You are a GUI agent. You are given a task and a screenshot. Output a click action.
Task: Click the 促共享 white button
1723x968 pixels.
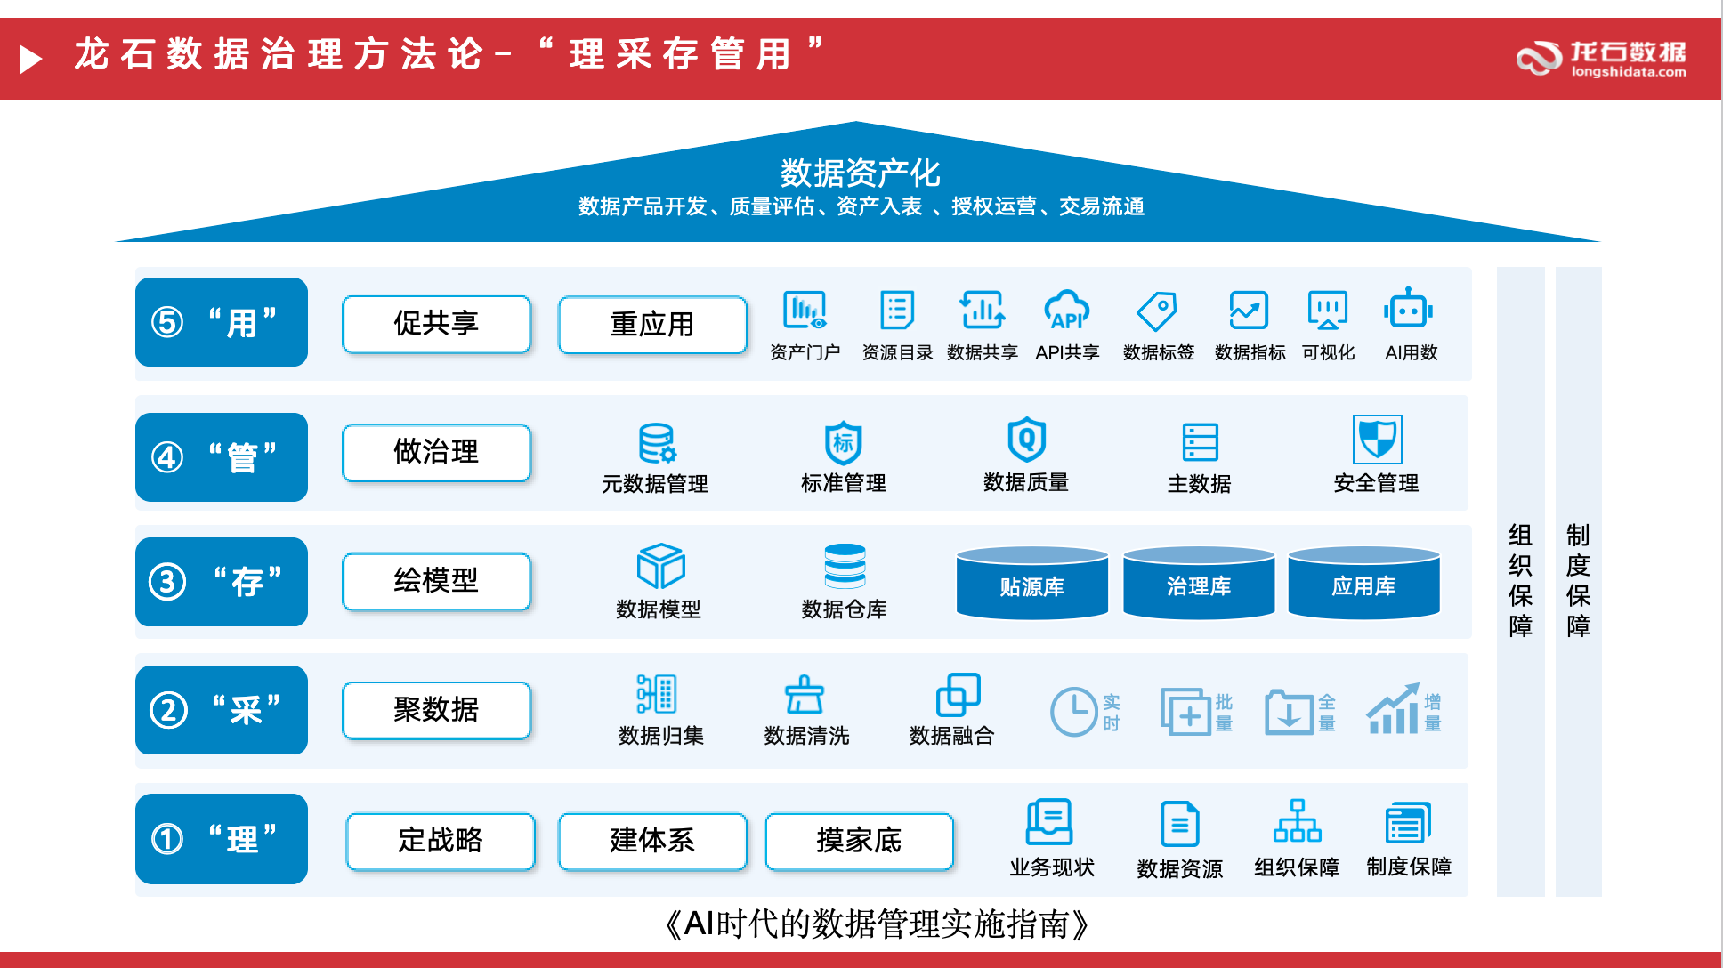tap(436, 324)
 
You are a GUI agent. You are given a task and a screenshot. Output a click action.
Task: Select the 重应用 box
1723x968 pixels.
tap(652, 324)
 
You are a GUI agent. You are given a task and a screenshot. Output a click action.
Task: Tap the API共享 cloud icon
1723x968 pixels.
tap(1067, 310)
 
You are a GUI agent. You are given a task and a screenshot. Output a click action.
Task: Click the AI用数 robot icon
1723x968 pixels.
tap(1409, 309)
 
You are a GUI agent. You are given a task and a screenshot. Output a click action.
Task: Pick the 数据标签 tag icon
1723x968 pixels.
tap(1157, 311)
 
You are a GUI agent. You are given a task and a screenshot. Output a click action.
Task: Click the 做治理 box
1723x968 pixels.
tap(436, 452)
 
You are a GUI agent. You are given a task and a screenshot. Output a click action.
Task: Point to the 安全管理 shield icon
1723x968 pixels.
tap(1377, 439)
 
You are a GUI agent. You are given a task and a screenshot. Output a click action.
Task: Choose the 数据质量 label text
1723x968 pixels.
tap(1026, 482)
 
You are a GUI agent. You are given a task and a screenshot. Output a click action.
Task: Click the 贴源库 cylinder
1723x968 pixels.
tap(1032, 583)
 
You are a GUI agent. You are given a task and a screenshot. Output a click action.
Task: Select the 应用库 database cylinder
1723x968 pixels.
tap(1363, 583)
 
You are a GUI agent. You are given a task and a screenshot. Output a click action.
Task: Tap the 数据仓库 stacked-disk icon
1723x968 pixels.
tap(845, 566)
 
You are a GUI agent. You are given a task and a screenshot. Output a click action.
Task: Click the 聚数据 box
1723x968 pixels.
tap(436, 710)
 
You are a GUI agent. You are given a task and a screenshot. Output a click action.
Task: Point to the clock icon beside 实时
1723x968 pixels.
tap(1074, 711)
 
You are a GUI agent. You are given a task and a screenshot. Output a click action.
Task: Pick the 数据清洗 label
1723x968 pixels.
tap(806, 736)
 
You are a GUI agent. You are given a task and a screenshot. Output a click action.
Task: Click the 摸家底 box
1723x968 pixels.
tap(859, 840)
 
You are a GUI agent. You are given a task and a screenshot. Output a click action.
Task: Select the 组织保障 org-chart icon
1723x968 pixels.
tap(1297, 820)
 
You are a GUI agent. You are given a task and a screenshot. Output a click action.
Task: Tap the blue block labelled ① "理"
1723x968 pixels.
tap(222, 839)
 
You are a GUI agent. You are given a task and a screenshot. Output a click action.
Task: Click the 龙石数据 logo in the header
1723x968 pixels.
tap(1601, 59)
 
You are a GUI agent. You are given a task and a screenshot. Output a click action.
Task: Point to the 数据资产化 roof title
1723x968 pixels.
tap(860, 173)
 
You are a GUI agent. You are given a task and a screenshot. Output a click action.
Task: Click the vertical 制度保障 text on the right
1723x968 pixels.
tap(1578, 580)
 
